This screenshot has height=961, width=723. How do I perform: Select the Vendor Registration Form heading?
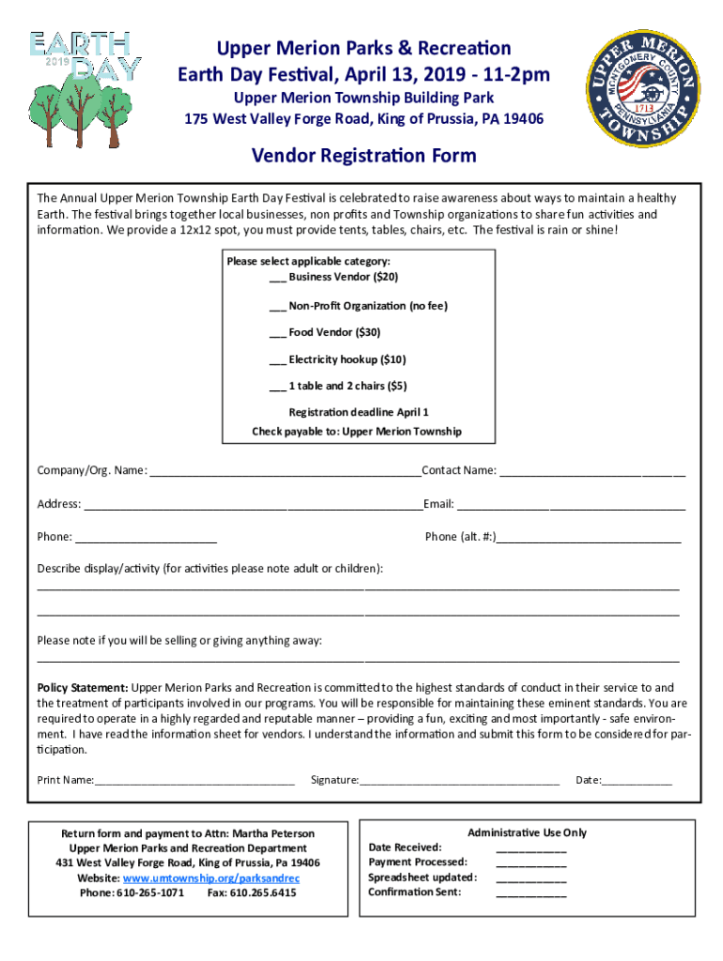(363, 156)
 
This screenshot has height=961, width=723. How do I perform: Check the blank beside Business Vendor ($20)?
(278, 278)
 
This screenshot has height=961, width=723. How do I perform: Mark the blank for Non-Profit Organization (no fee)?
(278, 307)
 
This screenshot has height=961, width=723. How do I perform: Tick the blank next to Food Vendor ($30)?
(278, 333)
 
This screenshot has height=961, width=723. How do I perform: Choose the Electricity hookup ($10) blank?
(278, 360)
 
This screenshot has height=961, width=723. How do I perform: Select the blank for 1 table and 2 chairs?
(278, 387)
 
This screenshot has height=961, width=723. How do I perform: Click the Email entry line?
(570, 506)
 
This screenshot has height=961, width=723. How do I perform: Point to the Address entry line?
(253, 506)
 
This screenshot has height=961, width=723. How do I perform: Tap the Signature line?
(459, 781)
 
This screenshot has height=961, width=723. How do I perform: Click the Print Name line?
(194, 781)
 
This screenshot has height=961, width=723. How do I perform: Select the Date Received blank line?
(531, 848)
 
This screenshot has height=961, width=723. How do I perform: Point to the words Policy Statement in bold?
(83, 689)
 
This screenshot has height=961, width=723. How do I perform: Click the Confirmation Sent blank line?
(531, 893)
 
